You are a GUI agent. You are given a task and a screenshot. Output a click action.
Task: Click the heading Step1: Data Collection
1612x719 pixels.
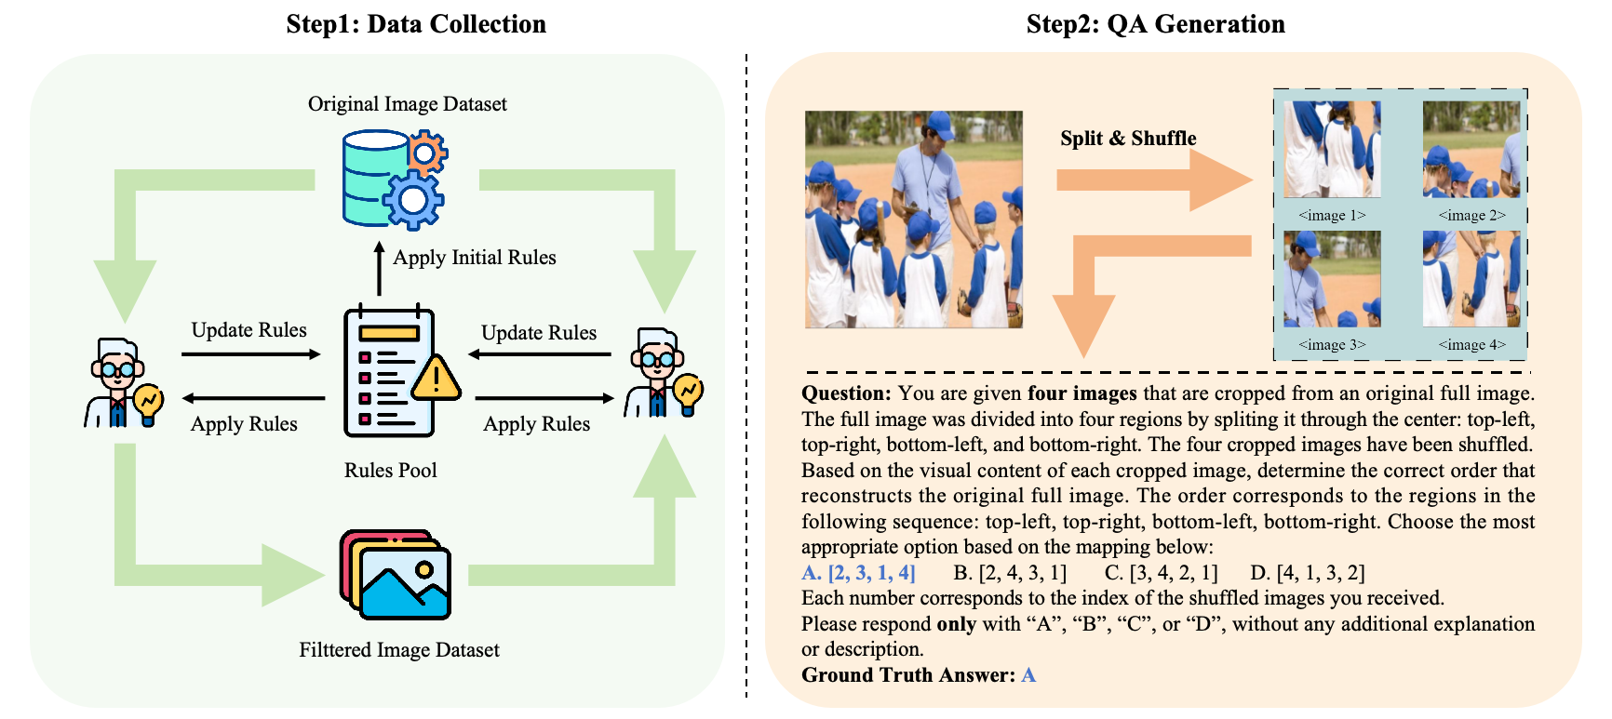[x=416, y=24]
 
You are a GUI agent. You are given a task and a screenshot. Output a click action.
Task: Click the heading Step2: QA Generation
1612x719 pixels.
[x=1155, y=24]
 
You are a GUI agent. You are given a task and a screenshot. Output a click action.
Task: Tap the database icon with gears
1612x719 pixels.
[x=394, y=180]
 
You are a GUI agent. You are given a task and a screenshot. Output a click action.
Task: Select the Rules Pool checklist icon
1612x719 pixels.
[x=389, y=371]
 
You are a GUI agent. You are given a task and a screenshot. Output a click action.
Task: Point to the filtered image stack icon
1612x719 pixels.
[x=396, y=575]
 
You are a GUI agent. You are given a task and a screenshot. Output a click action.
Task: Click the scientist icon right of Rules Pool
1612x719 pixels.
[x=663, y=373]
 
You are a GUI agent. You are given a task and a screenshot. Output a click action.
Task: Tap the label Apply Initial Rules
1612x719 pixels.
[x=474, y=258]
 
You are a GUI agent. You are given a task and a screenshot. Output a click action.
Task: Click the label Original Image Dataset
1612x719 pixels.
[x=407, y=104]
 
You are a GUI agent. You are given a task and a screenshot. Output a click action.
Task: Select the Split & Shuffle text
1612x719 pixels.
[x=1128, y=139]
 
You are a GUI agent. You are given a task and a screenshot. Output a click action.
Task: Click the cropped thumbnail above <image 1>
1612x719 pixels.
[x=1332, y=149]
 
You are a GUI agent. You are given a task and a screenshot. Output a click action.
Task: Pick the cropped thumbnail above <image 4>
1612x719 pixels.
[x=1471, y=279]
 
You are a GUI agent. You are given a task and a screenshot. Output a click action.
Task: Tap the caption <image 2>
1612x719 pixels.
[x=1471, y=216]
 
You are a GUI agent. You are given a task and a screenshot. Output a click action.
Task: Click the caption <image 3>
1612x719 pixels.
[x=1332, y=345]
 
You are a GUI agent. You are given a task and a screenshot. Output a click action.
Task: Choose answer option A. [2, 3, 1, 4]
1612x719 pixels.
[x=858, y=573]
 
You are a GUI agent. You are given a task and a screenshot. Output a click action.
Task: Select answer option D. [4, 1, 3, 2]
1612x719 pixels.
[x=1308, y=573]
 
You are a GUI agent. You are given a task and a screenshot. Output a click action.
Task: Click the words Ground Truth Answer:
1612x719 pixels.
[x=908, y=675]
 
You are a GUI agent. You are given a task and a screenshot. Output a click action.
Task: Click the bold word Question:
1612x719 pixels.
[x=846, y=393]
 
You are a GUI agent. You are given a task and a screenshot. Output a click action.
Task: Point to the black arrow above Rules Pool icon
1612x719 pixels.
[x=379, y=268]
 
